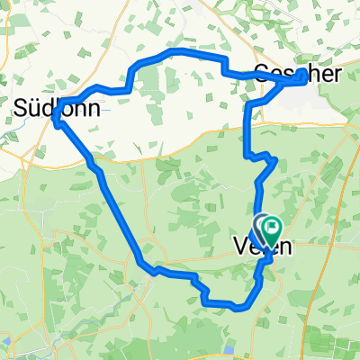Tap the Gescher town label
tap(298, 74)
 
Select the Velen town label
tap(262, 246)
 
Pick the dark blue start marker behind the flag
tap(258, 227)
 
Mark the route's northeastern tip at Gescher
tap(301, 71)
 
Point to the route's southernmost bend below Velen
tap(236, 307)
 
